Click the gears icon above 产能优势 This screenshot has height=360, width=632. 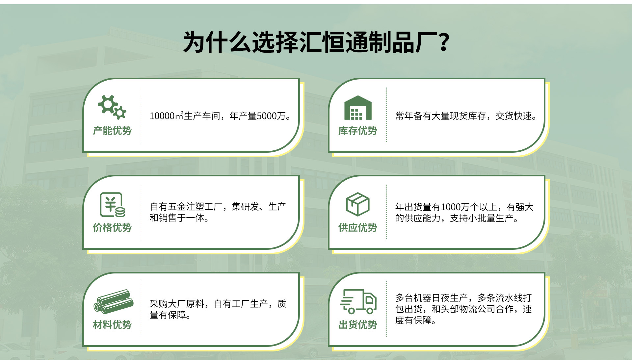(x=112, y=107)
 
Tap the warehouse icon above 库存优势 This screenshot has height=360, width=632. (x=358, y=108)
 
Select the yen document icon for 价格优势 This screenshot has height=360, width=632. (x=112, y=205)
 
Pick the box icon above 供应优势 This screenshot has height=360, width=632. (x=358, y=204)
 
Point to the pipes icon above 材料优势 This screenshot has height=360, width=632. (x=114, y=301)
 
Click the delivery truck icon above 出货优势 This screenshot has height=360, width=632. (x=358, y=301)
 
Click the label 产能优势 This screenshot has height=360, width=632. (x=112, y=131)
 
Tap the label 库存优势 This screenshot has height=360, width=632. (x=358, y=131)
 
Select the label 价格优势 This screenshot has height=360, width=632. (x=112, y=227)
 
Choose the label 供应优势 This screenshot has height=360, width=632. (x=358, y=227)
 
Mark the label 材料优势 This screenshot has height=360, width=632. (x=112, y=325)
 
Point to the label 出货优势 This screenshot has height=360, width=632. (x=358, y=325)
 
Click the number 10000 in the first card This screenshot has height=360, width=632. (x=162, y=116)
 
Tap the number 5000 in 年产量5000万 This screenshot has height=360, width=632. (x=267, y=116)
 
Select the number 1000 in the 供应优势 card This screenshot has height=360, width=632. (x=451, y=207)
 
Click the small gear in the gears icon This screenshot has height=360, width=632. (x=120, y=113)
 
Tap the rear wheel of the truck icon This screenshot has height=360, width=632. (x=352, y=310)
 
